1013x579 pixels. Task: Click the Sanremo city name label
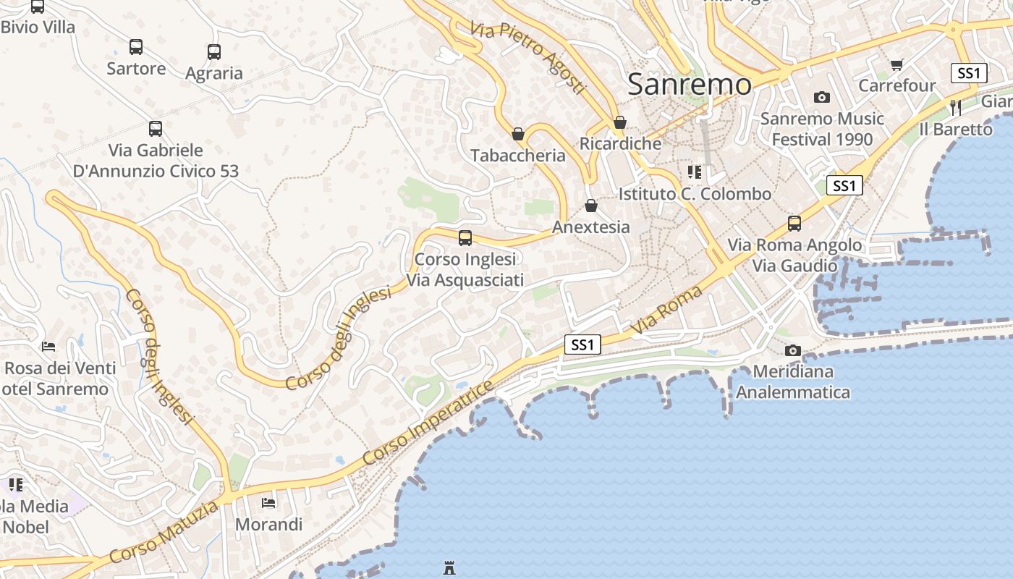click(690, 85)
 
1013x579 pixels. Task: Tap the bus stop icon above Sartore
click(136, 47)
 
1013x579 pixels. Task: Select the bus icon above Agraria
click(213, 52)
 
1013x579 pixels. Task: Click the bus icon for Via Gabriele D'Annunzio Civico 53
click(156, 129)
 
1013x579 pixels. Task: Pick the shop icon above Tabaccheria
click(518, 134)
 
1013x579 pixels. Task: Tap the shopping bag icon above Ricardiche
click(620, 122)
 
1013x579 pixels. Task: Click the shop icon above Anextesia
click(591, 206)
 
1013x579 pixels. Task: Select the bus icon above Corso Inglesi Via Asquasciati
click(465, 237)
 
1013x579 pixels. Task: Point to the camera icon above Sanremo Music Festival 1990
click(822, 97)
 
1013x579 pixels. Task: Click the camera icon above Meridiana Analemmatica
click(793, 350)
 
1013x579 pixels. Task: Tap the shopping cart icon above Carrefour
click(897, 64)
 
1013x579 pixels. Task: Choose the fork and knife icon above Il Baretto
click(956, 108)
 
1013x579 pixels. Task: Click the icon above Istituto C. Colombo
click(695, 172)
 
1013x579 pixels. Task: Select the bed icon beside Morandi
click(268, 502)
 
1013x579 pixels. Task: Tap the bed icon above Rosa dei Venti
click(48, 346)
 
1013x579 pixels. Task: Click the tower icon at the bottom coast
click(449, 568)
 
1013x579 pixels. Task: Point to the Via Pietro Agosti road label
click(527, 56)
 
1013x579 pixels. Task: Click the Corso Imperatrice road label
click(428, 423)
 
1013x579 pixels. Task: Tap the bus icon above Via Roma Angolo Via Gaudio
click(794, 223)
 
